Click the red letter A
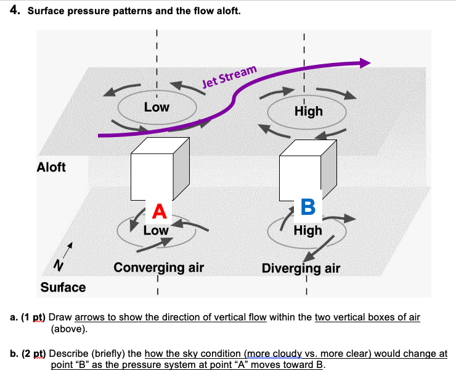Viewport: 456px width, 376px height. pyautogui.click(x=160, y=212)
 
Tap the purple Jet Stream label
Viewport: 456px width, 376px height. pyautogui.click(x=229, y=77)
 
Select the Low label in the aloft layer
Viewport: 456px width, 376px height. pyautogui.click(x=157, y=107)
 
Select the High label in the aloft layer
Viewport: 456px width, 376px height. pyautogui.click(x=308, y=111)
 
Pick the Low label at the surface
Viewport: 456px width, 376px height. pyautogui.click(x=156, y=230)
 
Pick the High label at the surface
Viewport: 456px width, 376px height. pyautogui.click(x=307, y=230)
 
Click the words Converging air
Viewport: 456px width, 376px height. pyautogui.click(x=158, y=267)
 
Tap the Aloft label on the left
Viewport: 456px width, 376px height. pyautogui.click(x=51, y=167)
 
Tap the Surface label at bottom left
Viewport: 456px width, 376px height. pyautogui.click(x=63, y=287)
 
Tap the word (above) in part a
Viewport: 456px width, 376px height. pyautogui.click(x=70, y=328)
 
